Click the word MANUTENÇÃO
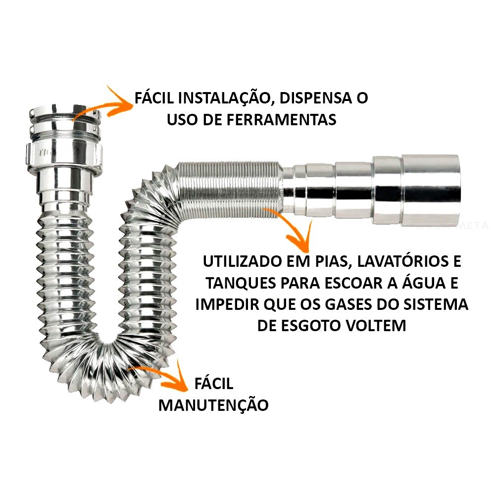(x=213, y=404)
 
